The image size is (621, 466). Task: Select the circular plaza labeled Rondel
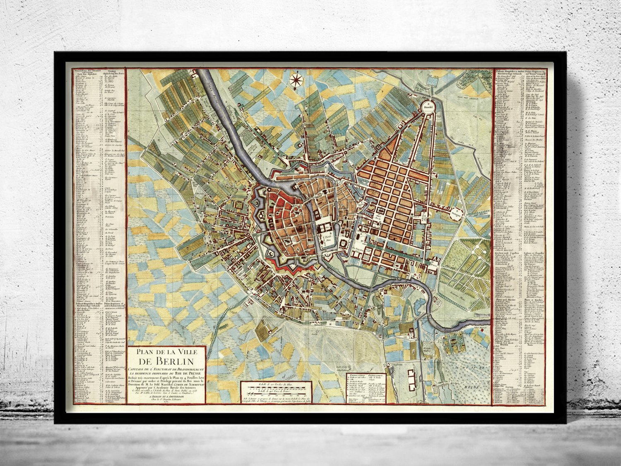point(426,107)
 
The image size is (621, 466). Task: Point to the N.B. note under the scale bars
point(275,400)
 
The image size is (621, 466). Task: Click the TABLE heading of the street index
point(110,70)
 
